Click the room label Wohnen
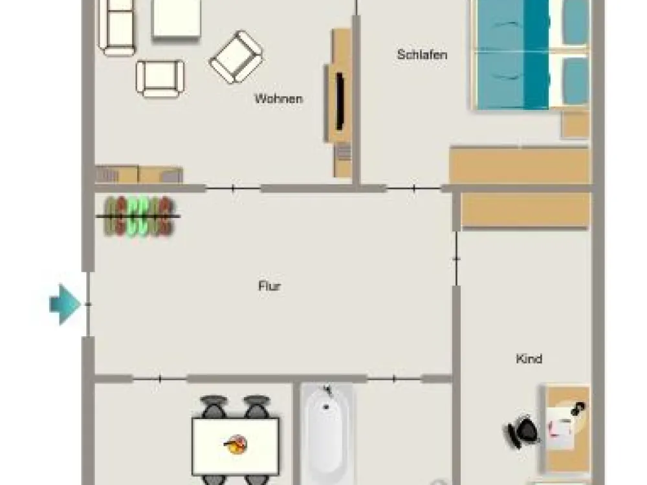point(278,99)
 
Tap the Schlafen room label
point(422,54)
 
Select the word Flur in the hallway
point(269,286)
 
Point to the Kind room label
point(529,358)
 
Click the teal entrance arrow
point(65,305)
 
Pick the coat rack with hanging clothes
point(138,216)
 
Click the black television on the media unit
point(340,101)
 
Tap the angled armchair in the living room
point(236,57)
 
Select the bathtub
point(327,434)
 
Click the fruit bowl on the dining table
point(236,445)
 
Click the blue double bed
point(531,54)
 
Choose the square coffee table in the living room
point(176,19)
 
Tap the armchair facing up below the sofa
point(160,79)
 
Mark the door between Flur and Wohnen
point(233,189)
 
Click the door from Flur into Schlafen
point(414,188)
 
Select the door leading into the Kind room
point(456,259)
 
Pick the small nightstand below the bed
point(575,125)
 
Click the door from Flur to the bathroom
point(394,378)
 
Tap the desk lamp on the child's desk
point(578,408)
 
